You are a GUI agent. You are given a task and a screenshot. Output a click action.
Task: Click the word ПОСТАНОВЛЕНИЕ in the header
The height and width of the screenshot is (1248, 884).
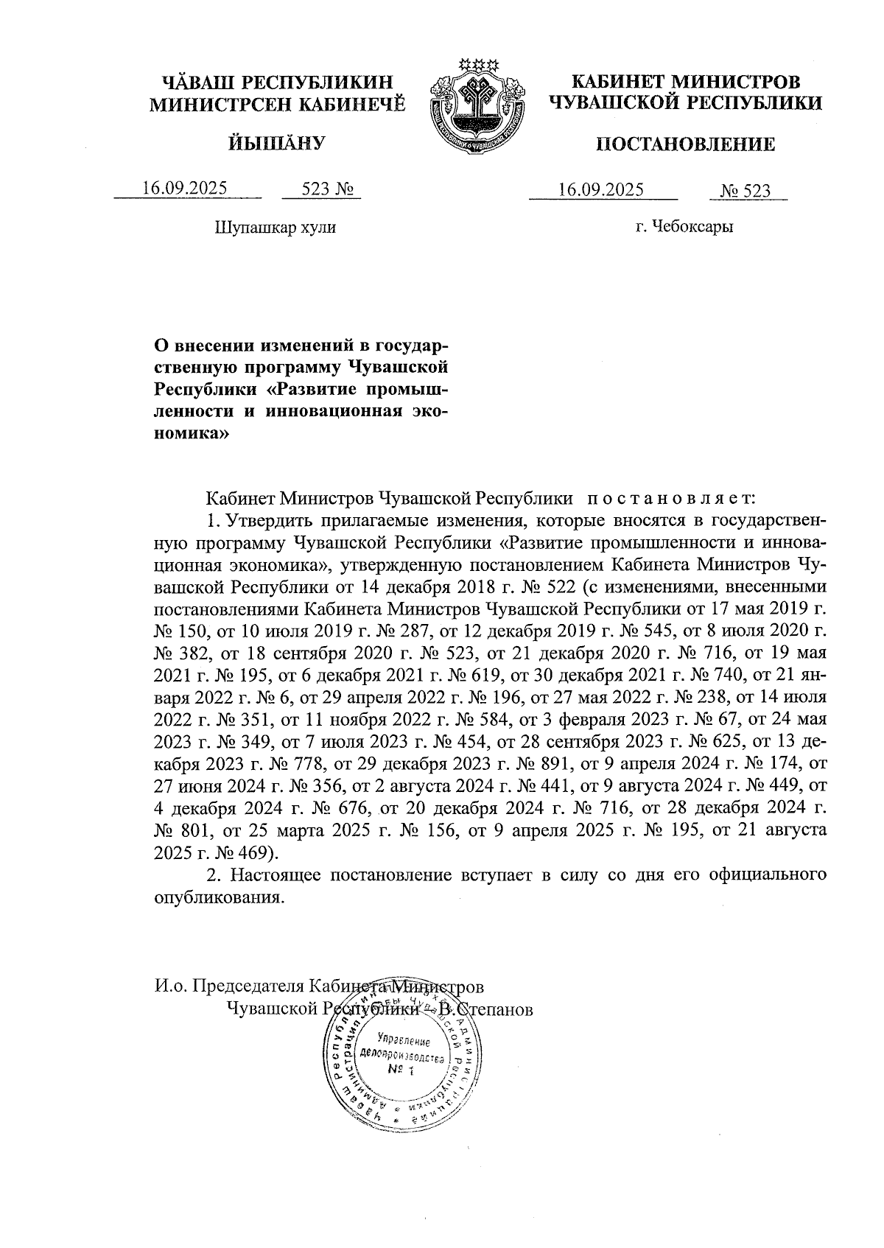(684, 144)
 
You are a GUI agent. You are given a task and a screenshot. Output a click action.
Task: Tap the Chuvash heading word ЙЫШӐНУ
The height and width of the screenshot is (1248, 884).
(276, 143)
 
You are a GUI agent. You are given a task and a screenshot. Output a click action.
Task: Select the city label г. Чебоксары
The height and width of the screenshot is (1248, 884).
(684, 227)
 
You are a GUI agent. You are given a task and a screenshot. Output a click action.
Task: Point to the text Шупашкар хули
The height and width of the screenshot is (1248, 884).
(275, 227)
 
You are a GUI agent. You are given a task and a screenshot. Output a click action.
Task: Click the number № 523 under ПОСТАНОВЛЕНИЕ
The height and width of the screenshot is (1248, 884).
(746, 192)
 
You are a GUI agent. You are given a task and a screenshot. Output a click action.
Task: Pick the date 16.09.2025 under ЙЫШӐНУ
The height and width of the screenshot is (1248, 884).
(185, 189)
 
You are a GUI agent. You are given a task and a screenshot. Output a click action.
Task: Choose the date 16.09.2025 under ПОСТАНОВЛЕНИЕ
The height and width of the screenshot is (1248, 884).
(601, 189)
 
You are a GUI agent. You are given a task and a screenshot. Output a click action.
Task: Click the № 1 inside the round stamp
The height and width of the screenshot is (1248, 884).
(401, 1070)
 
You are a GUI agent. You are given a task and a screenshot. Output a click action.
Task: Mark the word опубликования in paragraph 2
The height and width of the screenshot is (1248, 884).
(218, 898)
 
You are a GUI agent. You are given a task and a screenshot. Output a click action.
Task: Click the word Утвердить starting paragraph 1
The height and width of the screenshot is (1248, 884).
(267, 521)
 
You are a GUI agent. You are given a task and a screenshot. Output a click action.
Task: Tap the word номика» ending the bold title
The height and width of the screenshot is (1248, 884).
(192, 434)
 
